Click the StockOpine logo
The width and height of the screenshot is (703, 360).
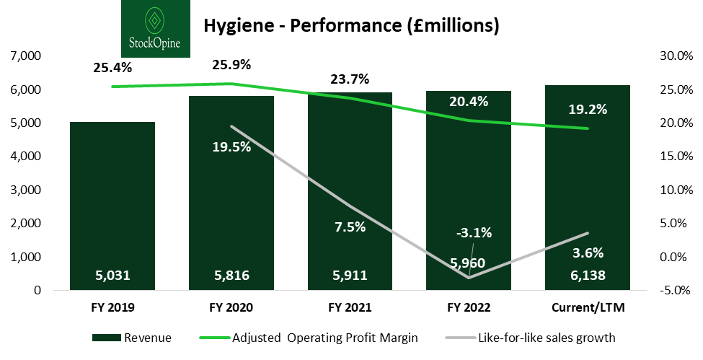(156, 29)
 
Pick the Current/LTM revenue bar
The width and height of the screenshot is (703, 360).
(588, 180)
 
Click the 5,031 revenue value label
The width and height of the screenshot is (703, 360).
(112, 275)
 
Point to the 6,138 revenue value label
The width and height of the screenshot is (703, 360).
(588, 275)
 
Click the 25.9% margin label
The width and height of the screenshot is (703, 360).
(231, 65)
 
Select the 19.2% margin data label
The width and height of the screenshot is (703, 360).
(588, 110)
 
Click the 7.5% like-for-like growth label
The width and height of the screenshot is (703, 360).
(350, 227)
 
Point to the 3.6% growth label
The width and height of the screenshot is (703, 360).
(588, 253)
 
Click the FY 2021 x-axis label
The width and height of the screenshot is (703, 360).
(350, 307)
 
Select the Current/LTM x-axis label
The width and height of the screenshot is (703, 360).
(588, 307)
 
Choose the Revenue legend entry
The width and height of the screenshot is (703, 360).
(133, 337)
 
